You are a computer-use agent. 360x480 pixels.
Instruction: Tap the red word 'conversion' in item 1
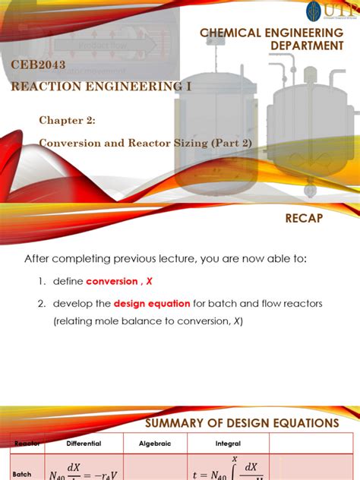(x=113, y=281)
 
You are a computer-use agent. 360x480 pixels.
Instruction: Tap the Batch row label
(x=21, y=473)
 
